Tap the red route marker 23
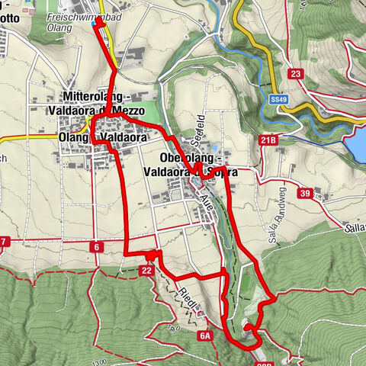(x=296, y=74)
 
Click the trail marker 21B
(x=268, y=141)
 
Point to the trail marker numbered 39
(x=304, y=194)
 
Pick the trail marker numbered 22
(x=147, y=270)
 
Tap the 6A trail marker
(x=204, y=335)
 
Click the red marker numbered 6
(x=98, y=247)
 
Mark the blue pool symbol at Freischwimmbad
(x=94, y=24)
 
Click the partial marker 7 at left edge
(x=4, y=242)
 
